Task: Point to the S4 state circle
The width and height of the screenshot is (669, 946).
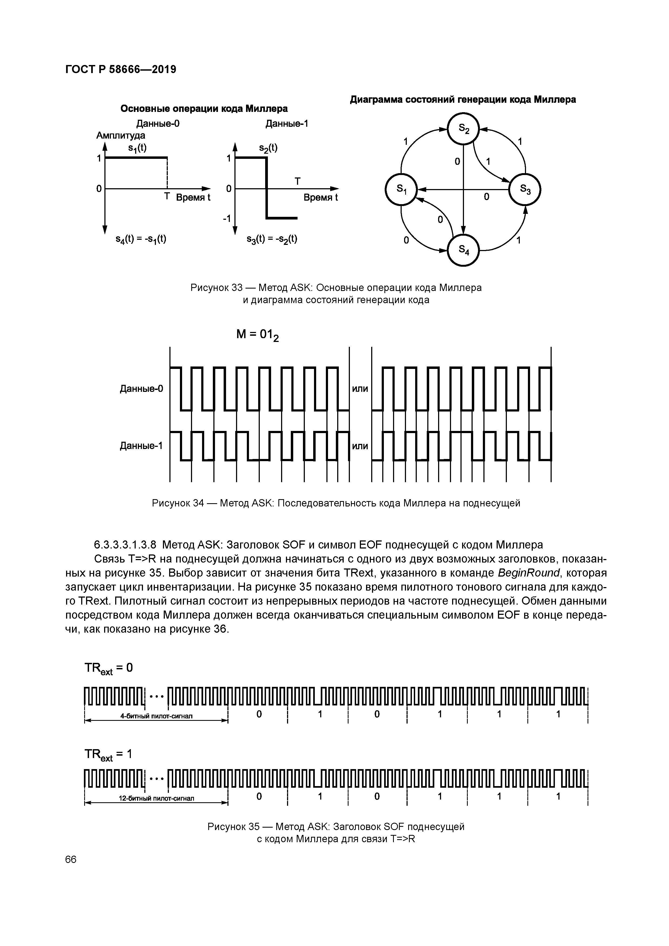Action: tap(464, 250)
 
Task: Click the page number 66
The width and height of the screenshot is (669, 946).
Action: tap(71, 859)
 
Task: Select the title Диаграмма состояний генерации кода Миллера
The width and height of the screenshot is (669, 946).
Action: tap(462, 100)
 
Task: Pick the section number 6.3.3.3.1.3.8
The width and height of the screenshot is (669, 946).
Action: tap(125, 545)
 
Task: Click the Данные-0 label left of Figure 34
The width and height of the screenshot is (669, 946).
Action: tap(141, 389)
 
